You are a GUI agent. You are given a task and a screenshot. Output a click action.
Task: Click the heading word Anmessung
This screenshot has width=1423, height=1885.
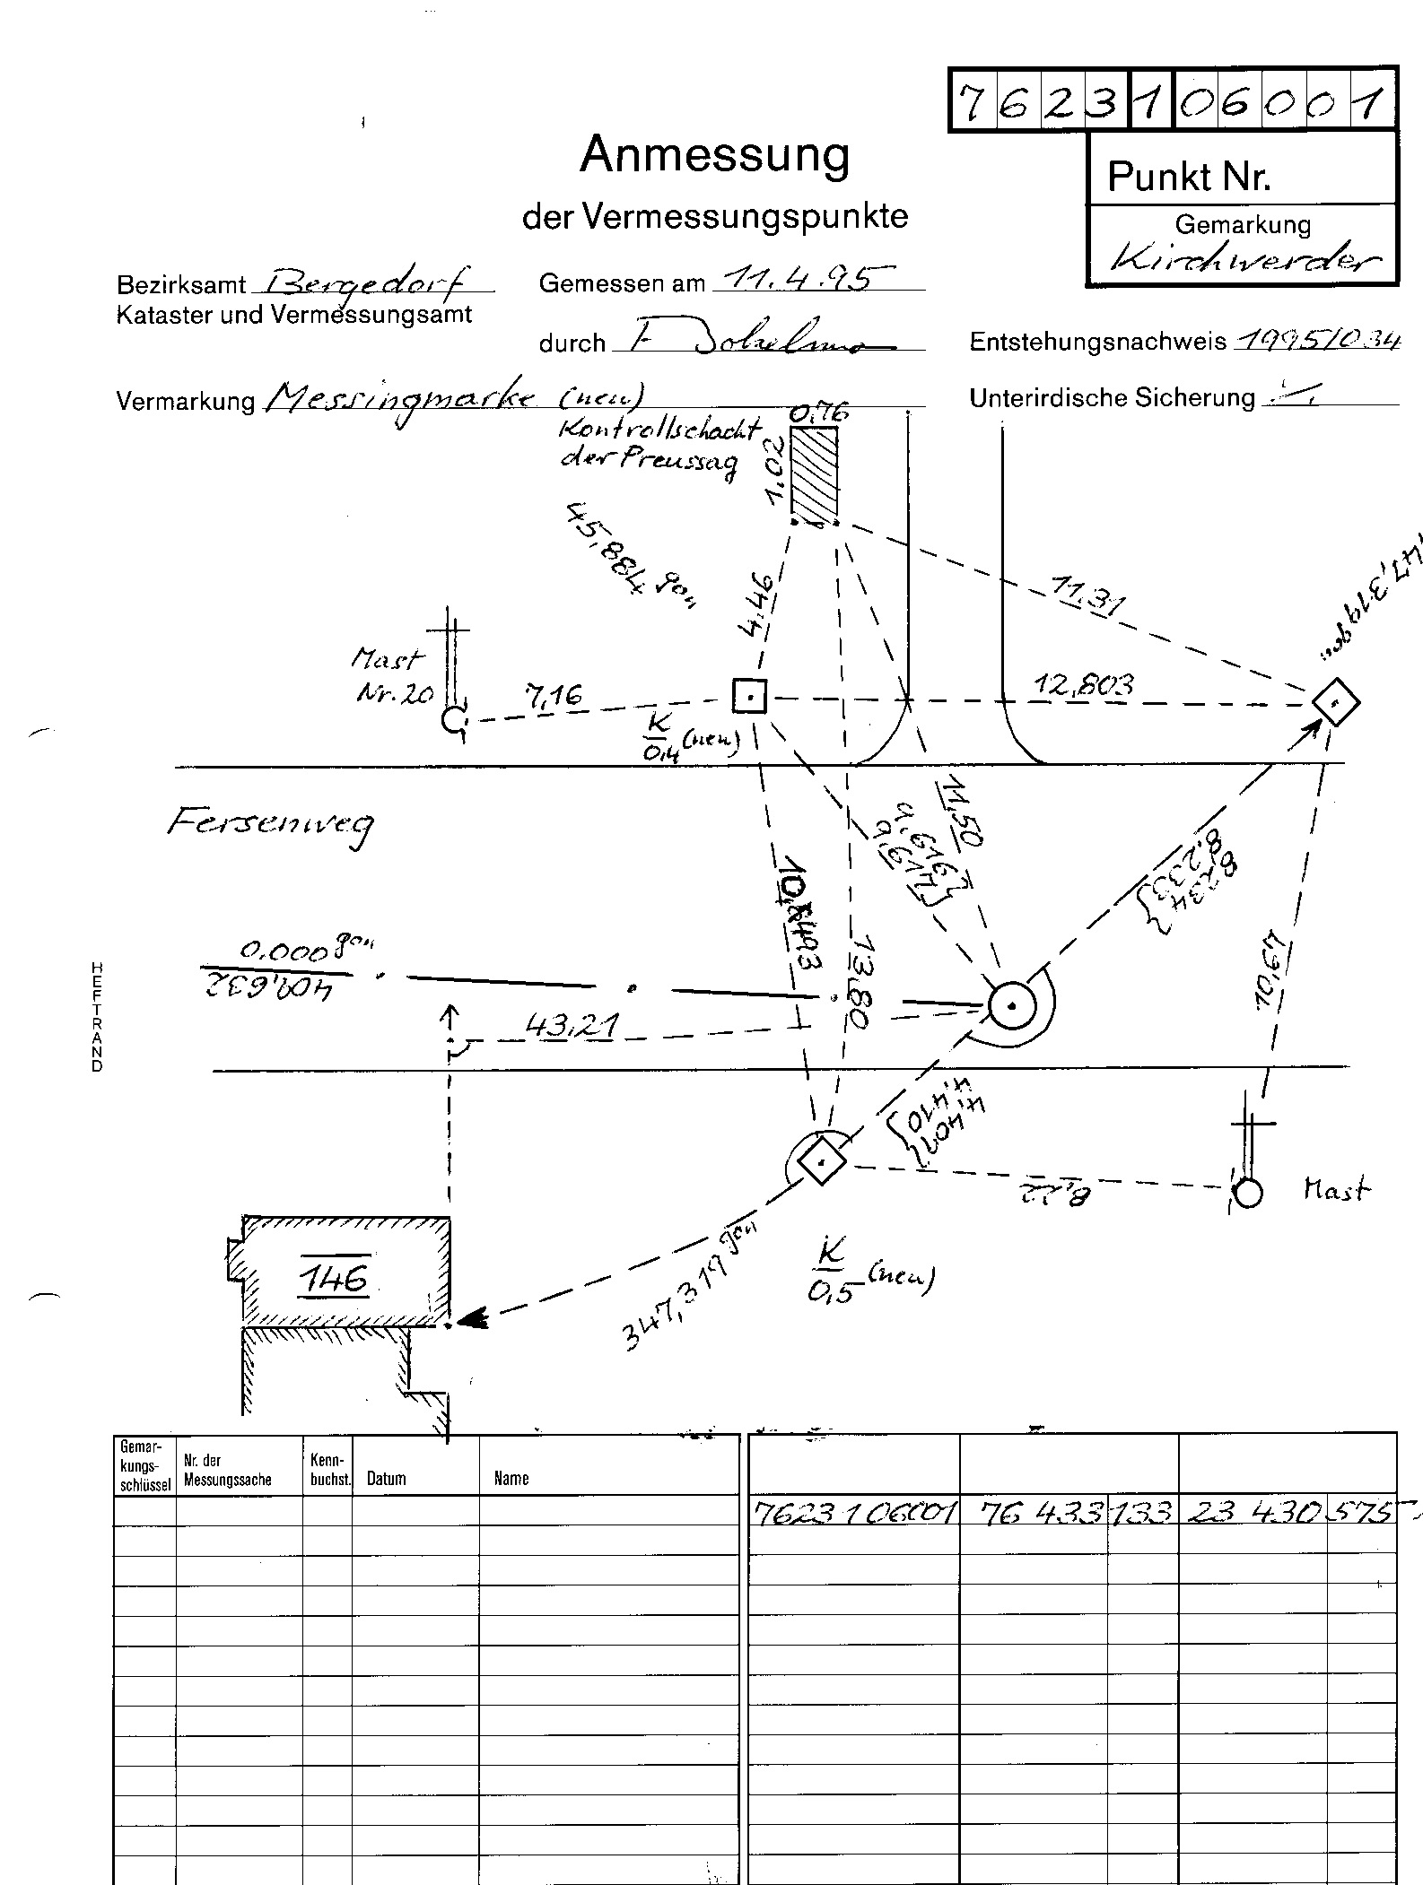coord(714,155)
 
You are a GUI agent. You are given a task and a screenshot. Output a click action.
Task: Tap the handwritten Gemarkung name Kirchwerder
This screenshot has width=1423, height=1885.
coord(1244,261)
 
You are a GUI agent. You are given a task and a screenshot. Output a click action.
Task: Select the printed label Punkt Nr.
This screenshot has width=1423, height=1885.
coord(1189,177)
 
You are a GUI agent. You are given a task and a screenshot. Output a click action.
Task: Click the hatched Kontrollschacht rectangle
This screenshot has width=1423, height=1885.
coord(814,472)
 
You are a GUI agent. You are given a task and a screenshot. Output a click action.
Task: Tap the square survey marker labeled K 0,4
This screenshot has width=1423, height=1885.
coord(749,695)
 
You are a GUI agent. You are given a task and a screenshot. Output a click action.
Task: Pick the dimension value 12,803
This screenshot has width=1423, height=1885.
coord(1083,686)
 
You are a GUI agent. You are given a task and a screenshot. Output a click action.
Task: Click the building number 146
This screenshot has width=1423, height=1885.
coord(333,1277)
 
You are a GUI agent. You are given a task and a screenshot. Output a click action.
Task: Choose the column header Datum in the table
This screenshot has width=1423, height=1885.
coord(386,1479)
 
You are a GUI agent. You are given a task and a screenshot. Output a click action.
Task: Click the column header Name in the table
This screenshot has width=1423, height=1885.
coord(511,1479)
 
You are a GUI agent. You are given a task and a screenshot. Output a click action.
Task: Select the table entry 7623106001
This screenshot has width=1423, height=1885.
coord(853,1515)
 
